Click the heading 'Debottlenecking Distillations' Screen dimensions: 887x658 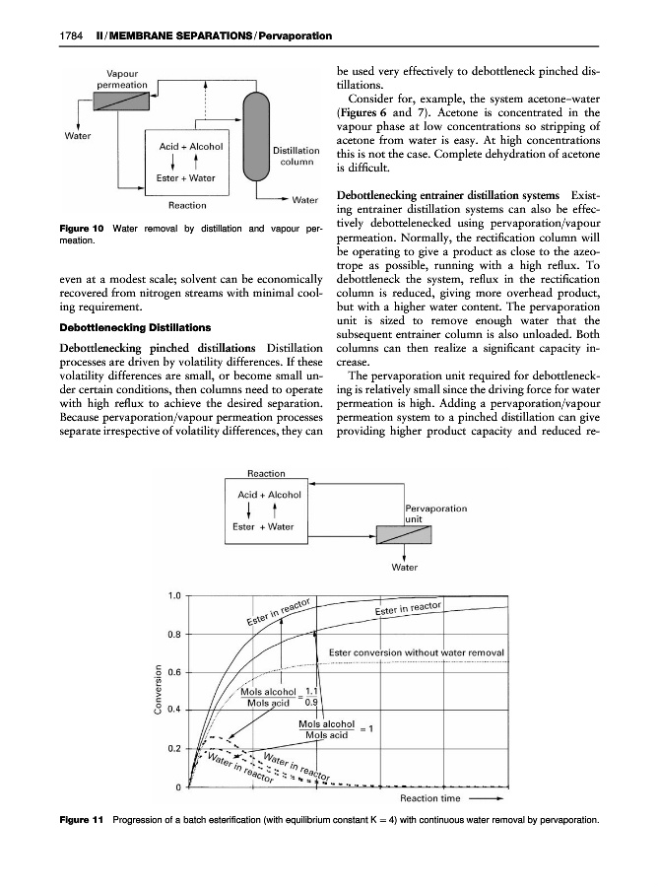coord(106,326)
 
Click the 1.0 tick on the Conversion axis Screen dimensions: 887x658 coord(173,595)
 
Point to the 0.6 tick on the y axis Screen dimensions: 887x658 coord(173,672)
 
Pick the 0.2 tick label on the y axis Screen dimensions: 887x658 coord(173,749)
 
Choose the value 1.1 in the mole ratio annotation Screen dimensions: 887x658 coord(312,691)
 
